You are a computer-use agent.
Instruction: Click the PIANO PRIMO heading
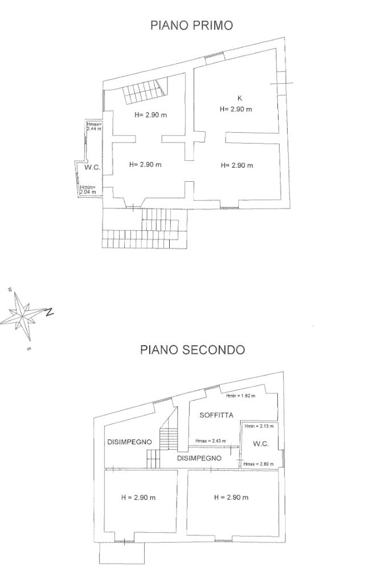[191, 26]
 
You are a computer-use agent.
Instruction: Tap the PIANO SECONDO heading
[193, 349]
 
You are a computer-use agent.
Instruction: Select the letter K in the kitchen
[240, 98]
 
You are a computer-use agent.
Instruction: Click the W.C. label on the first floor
[92, 168]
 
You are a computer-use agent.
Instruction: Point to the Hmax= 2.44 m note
[94, 127]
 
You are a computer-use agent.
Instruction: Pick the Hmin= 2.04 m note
[88, 190]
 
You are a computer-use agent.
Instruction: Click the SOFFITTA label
[216, 415]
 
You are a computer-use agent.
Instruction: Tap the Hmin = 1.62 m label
[241, 396]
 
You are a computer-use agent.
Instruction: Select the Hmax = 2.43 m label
[211, 441]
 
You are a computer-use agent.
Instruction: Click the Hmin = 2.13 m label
[259, 426]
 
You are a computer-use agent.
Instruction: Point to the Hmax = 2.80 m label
[258, 464]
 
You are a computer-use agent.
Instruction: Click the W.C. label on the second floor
[260, 444]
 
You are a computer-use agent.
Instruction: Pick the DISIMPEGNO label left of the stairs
[129, 442]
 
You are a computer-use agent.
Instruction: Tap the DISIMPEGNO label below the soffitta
[199, 458]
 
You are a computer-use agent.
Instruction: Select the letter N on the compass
[50, 311]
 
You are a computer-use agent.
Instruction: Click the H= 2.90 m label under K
[236, 109]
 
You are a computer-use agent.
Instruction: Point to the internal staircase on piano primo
[144, 92]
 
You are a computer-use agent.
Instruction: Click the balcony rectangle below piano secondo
[122, 552]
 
